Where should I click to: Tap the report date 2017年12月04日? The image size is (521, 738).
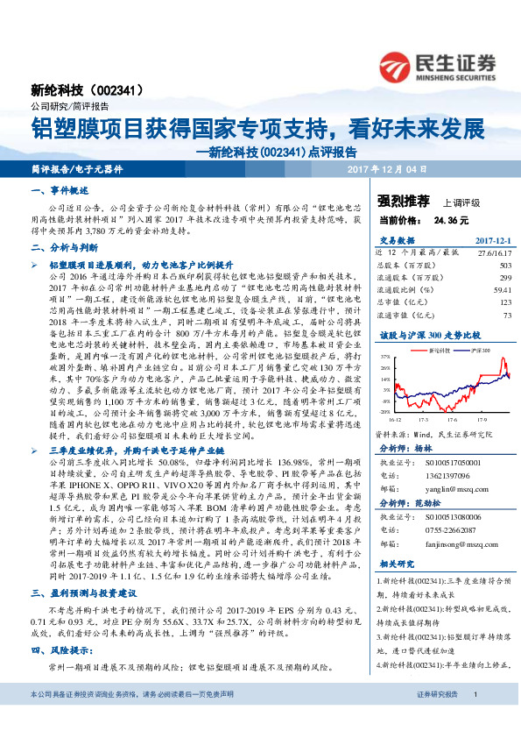387,167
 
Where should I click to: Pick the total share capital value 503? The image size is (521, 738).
505,264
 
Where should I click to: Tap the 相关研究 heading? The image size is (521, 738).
396,565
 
